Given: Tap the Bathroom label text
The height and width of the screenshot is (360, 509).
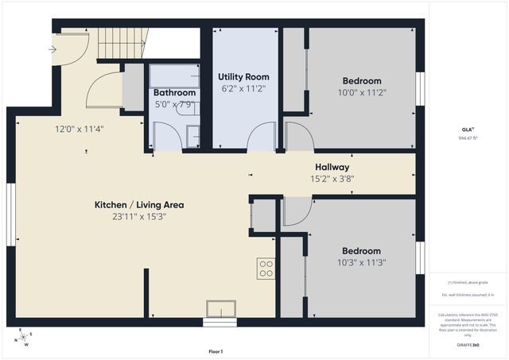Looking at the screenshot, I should pyautogui.click(x=174, y=93).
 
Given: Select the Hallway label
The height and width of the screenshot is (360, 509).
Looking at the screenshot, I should pyautogui.click(x=332, y=167).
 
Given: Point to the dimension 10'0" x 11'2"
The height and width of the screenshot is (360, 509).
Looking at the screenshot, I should pyautogui.click(x=362, y=92).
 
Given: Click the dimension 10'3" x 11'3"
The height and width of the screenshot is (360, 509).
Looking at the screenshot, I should pyautogui.click(x=362, y=262).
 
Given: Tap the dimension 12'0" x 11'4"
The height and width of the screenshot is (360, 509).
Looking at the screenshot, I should pyautogui.click(x=80, y=128).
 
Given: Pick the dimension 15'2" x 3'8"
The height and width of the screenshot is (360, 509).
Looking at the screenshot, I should pyautogui.click(x=332, y=179).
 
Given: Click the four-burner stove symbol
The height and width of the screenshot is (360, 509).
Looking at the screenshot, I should pyautogui.click(x=266, y=269).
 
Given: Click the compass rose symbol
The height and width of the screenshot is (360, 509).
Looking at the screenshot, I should pyautogui.click(x=25, y=339).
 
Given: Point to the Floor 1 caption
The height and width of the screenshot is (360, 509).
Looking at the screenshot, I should pyautogui.click(x=216, y=351).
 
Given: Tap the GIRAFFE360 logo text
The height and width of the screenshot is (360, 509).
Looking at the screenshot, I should pyautogui.click(x=467, y=346).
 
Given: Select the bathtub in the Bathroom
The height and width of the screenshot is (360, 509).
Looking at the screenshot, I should pyautogui.click(x=174, y=76).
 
